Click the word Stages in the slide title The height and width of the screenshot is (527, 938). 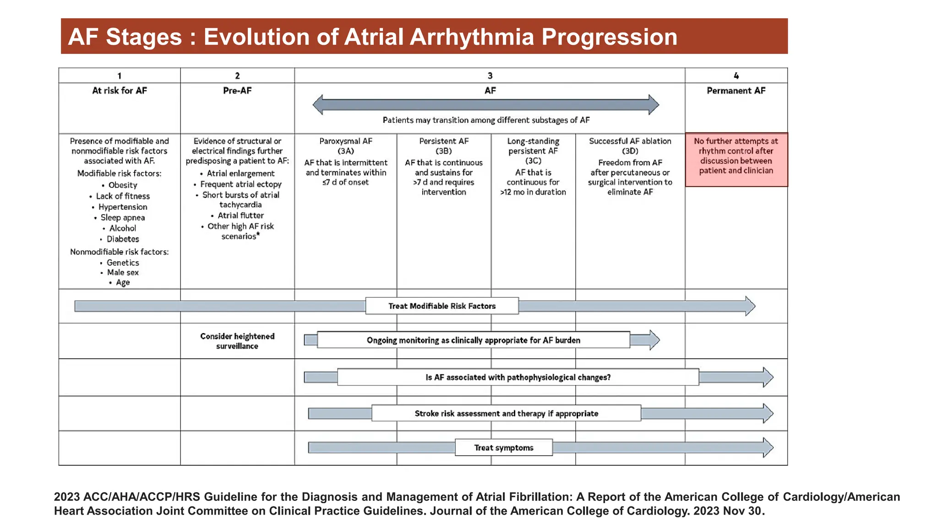tap(144, 37)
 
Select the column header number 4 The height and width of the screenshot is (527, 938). tap(736, 75)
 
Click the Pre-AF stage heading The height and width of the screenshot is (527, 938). tap(237, 91)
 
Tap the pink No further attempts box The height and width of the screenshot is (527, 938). tap(736, 159)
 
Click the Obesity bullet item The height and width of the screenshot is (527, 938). tap(122, 185)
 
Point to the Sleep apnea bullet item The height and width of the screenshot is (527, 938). tap(122, 218)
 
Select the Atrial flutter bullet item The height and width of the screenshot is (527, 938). tap(240, 215)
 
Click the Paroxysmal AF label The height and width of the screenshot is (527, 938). tap(346, 141)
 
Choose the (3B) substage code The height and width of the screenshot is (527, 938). tap(443, 151)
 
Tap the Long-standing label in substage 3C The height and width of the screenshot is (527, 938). tap(533, 141)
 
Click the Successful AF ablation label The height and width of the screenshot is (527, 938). tap(630, 141)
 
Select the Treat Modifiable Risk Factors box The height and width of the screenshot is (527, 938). tap(442, 306)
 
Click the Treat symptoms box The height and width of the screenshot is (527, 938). tap(503, 448)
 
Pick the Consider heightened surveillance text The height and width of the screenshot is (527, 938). tap(237, 341)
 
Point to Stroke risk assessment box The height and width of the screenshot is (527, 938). tap(506, 414)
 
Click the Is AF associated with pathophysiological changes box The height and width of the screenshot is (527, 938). tap(518, 377)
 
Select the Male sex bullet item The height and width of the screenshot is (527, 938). tap(122, 273)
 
